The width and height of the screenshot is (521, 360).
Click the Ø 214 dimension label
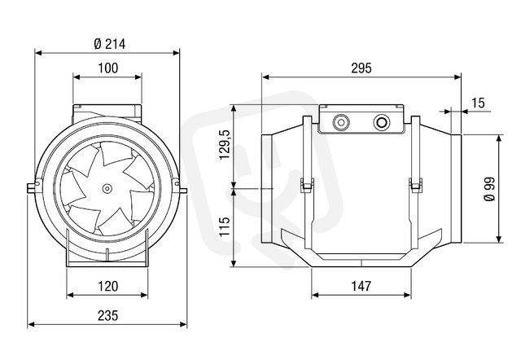[x=109, y=44]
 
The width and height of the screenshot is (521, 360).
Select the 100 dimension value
[x=107, y=68]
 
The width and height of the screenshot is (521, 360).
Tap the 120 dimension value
[x=107, y=286]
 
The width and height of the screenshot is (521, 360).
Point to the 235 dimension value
[x=107, y=315]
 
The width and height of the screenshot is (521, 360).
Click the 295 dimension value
[x=361, y=68]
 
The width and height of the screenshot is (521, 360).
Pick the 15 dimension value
[x=478, y=103]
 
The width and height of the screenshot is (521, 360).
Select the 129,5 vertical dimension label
[x=225, y=145]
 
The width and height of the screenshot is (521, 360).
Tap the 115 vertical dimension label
[x=225, y=226]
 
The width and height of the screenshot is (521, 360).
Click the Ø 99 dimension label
[x=490, y=189]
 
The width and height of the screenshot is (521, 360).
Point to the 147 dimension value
[x=361, y=286]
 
